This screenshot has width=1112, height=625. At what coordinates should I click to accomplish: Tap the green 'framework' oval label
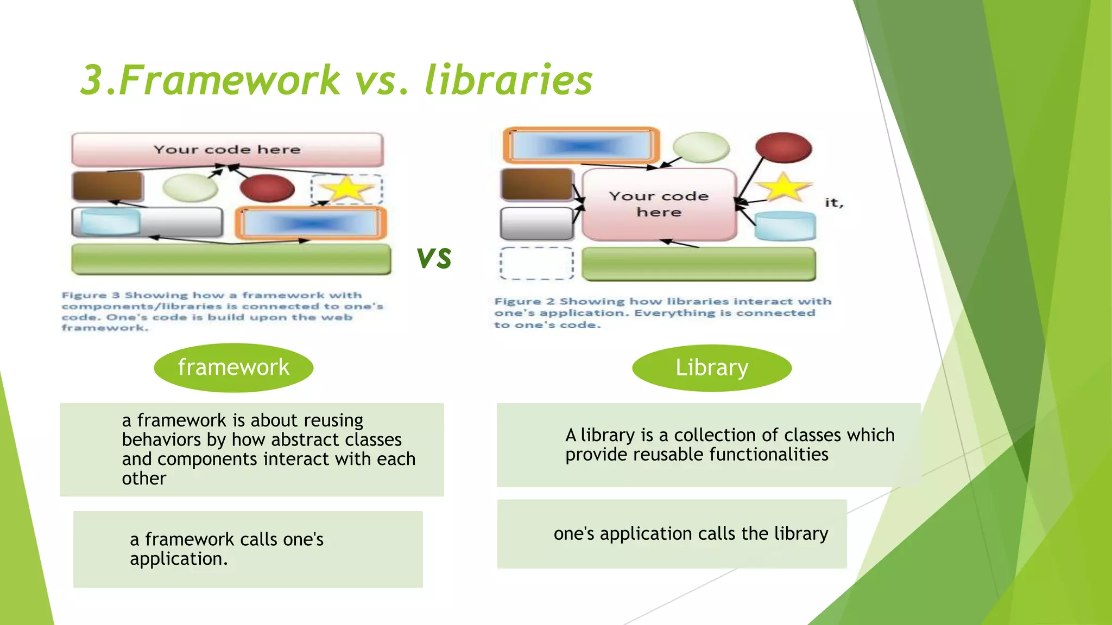pyautogui.click(x=233, y=367)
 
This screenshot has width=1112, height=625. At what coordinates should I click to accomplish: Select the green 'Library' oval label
pyautogui.click(x=712, y=367)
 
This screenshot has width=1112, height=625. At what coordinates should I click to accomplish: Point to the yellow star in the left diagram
pyautogui.click(x=346, y=189)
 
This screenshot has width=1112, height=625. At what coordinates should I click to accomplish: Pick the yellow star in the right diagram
pyautogui.click(x=784, y=187)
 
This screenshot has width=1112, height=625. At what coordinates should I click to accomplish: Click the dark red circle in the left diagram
pyautogui.click(x=267, y=188)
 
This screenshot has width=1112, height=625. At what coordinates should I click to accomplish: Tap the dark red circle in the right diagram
pyautogui.click(x=784, y=148)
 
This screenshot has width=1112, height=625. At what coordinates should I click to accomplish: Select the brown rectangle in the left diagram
pyautogui.click(x=108, y=186)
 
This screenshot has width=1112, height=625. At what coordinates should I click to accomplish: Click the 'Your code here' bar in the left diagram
pyautogui.click(x=227, y=149)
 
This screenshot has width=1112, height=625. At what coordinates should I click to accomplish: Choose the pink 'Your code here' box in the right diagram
pyautogui.click(x=659, y=204)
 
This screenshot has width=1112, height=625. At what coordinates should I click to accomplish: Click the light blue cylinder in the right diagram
pyautogui.click(x=785, y=226)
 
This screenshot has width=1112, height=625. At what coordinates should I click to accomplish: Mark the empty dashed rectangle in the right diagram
pyautogui.click(x=536, y=263)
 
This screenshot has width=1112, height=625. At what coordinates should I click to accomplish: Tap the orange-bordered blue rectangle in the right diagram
pyautogui.click(x=582, y=145)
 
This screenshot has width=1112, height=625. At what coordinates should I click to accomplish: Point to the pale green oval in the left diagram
pyautogui.click(x=190, y=188)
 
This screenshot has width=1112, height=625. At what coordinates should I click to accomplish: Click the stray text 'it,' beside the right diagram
pyautogui.click(x=834, y=203)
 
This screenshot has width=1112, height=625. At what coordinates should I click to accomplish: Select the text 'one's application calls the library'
pyautogui.click(x=691, y=534)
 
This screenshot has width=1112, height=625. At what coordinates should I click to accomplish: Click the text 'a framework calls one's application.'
pyautogui.click(x=226, y=549)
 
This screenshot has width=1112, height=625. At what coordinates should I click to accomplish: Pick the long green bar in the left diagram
pyautogui.click(x=231, y=259)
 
